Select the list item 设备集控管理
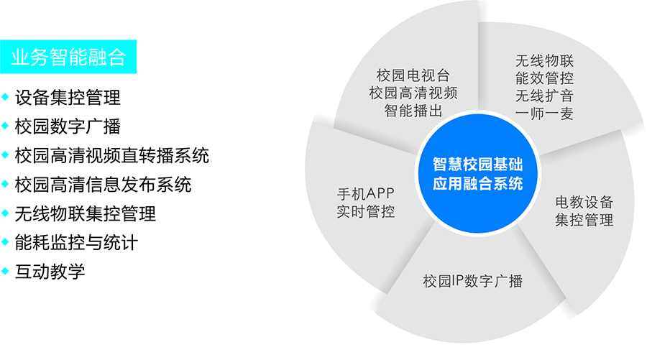point(68,97)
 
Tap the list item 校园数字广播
point(68,126)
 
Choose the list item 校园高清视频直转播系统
point(111,155)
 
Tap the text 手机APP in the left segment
point(366,194)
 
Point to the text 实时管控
point(366,212)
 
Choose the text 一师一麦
point(544,114)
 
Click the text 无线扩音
point(544,96)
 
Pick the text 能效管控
point(544,78)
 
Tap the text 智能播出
point(413,110)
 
